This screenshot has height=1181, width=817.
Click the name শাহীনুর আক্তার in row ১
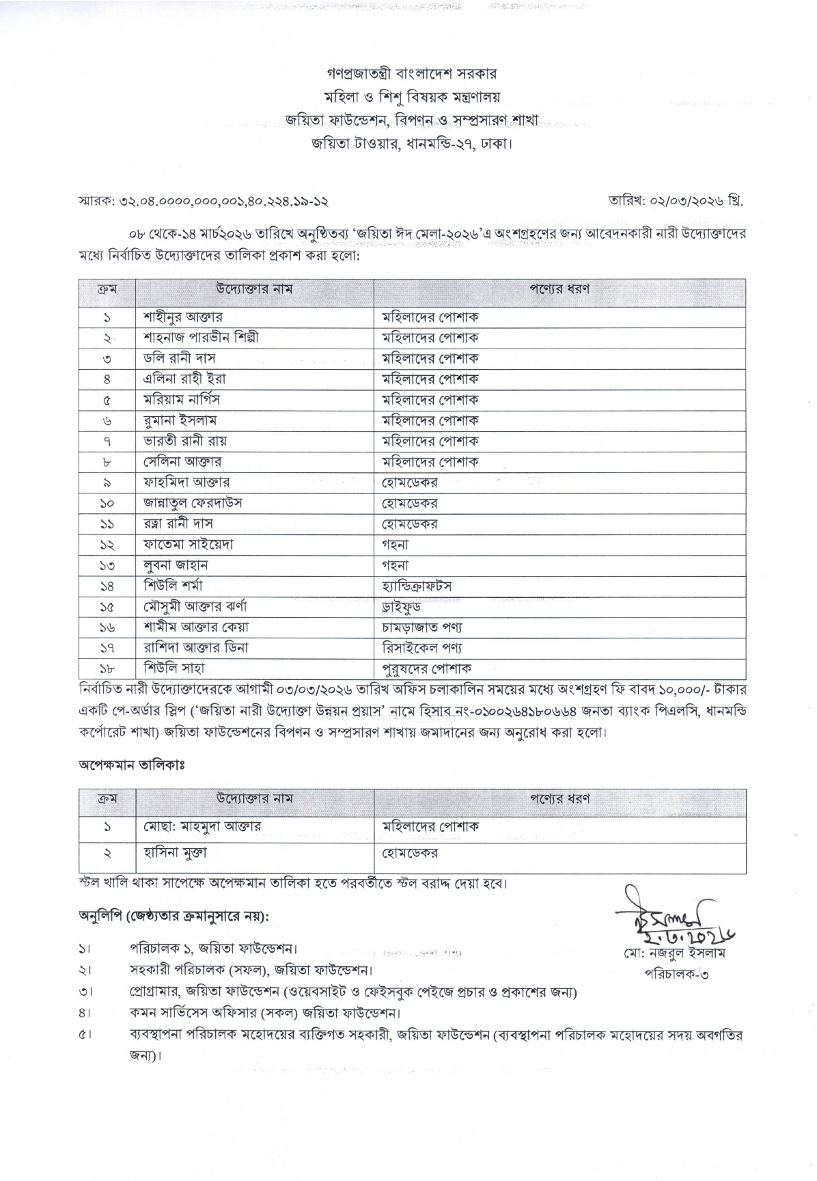(x=182, y=317)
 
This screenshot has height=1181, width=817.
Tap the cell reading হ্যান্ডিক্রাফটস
(x=417, y=586)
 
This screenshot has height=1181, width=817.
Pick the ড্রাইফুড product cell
(x=401, y=606)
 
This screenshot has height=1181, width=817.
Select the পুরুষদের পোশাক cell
(x=426, y=668)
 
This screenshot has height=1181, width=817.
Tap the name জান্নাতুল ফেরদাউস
(x=193, y=503)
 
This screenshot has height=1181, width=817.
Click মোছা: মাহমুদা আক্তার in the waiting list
(x=202, y=826)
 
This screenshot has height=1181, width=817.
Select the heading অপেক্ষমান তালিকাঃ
(x=131, y=765)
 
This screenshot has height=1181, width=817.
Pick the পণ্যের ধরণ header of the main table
(x=559, y=289)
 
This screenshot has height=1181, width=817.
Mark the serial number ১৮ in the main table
(x=107, y=668)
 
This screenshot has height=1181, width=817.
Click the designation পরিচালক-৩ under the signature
(x=676, y=974)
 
